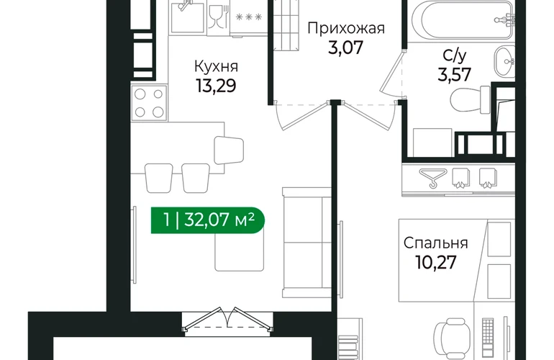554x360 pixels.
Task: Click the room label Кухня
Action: pyautogui.click(x=217, y=66)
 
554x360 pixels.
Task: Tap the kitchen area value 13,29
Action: pyautogui.click(x=216, y=86)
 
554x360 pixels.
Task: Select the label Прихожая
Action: pyautogui.click(x=346, y=28)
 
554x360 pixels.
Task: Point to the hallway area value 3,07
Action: pyautogui.click(x=345, y=48)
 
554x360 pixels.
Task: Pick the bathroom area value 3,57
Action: pyautogui.click(x=455, y=75)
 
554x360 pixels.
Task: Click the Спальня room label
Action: pyautogui.click(x=435, y=243)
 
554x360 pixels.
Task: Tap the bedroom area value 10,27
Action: pyautogui.click(x=436, y=262)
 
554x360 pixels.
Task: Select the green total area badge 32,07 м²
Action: pyautogui.click(x=208, y=220)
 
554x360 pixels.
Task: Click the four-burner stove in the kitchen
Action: pyautogui.click(x=149, y=103)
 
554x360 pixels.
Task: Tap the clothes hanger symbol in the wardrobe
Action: pyautogui.click(x=433, y=177)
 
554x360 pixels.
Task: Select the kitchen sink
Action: pyautogui.click(x=188, y=17)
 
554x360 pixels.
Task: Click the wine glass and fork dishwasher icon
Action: pyautogui.click(x=218, y=17)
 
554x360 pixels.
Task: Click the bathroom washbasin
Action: pyautogui.click(x=504, y=61)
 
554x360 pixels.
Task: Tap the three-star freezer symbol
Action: pyautogui.click(x=249, y=17)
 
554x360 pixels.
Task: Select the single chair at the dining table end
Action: pyautogui.click(x=229, y=150)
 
